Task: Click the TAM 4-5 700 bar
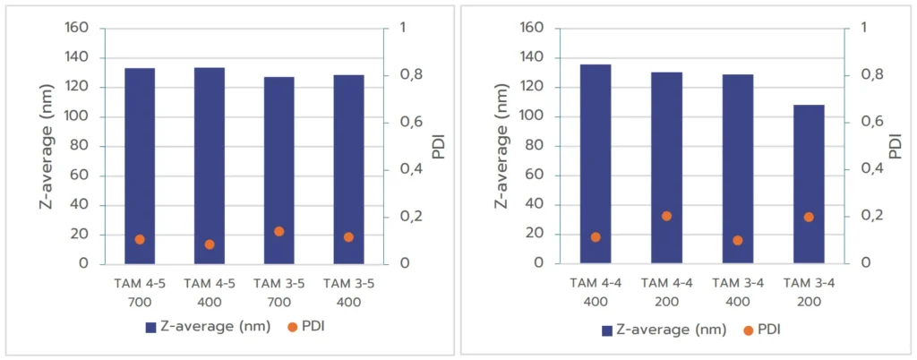[x=140, y=166]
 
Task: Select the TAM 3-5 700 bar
[x=279, y=170]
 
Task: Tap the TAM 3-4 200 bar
[x=809, y=184]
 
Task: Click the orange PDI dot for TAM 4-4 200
[x=666, y=216]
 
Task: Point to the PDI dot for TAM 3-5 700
[x=279, y=231]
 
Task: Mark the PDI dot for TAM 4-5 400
[x=210, y=244]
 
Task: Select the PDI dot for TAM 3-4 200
[x=809, y=217]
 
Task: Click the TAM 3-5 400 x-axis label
[x=348, y=290]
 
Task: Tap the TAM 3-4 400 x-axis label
[x=737, y=290]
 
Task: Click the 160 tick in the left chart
[x=77, y=28]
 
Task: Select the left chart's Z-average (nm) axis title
[x=47, y=145]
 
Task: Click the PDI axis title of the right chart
[x=895, y=145]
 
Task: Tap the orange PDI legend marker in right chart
[x=749, y=330]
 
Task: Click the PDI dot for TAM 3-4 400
[x=737, y=240]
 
